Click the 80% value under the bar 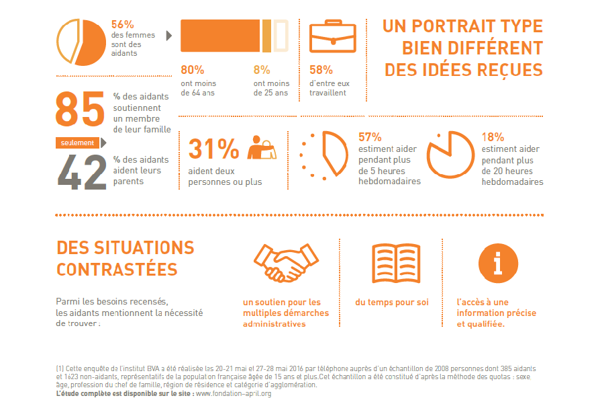[193, 70]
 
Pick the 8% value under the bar [262, 70]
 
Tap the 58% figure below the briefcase [321, 70]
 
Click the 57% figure [370, 136]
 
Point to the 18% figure [493, 136]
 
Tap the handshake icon [285, 263]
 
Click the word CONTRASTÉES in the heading [117, 270]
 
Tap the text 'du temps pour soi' [391, 302]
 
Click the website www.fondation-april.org [233, 393]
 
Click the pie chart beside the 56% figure [79, 42]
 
